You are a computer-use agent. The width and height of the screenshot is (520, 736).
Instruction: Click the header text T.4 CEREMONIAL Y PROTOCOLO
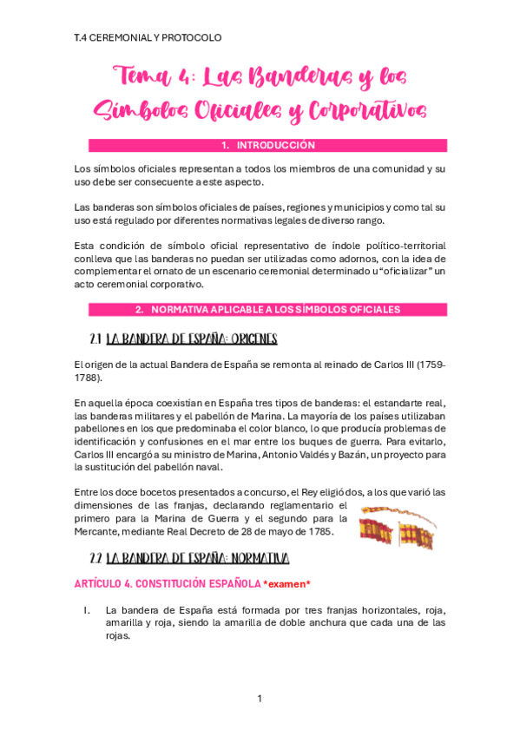pyautogui.click(x=148, y=38)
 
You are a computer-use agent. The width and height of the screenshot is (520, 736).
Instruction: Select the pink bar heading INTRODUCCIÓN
pyautogui.click(x=267, y=146)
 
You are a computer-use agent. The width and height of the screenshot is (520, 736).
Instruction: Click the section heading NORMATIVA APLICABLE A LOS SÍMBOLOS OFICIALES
pyautogui.click(x=267, y=309)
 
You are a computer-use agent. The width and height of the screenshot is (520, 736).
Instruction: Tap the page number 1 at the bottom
pyautogui.click(x=260, y=699)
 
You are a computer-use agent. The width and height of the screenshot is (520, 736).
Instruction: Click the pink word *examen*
pyautogui.click(x=286, y=584)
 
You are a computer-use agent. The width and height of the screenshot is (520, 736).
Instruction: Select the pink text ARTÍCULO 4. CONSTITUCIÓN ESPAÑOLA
pyautogui.click(x=167, y=584)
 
